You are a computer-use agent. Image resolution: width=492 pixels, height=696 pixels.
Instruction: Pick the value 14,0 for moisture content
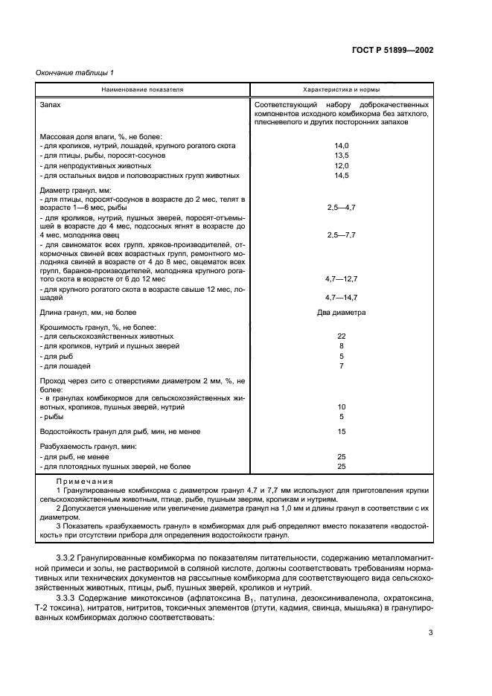tap(341, 146)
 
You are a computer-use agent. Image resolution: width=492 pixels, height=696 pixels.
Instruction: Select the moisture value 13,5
tap(341, 156)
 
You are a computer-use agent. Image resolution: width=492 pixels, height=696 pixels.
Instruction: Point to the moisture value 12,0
tap(341, 166)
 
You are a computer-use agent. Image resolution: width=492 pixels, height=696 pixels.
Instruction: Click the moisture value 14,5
tap(341, 176)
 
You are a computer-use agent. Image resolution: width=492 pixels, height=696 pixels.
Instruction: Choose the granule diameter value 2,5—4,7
tap(341, 209)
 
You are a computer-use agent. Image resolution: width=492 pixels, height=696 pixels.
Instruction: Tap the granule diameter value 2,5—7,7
tap(341, 234)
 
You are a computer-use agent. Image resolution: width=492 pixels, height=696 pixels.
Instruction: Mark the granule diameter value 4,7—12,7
tap(341, 277)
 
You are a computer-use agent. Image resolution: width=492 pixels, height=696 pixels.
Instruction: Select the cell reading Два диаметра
tap(341, 313)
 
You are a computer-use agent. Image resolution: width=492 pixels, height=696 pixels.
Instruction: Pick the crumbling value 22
tap(341, 336)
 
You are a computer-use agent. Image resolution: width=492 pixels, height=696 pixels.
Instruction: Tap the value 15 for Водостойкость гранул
tap(341, 431)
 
